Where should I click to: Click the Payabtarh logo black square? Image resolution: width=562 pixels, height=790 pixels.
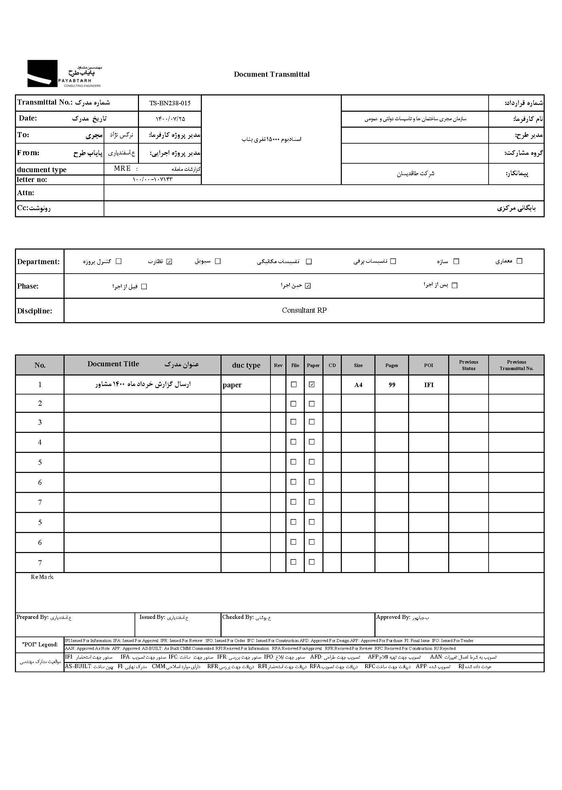42,73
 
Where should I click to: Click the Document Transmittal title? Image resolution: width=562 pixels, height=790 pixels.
272,74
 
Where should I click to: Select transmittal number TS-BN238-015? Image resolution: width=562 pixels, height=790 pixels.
170,103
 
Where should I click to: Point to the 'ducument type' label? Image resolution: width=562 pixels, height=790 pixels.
41,169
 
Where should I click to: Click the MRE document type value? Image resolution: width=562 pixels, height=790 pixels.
122,168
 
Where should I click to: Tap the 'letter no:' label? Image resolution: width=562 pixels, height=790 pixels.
32,180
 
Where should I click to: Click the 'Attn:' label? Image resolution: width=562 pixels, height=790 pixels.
25,193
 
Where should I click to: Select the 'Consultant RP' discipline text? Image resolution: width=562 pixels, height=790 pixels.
304,310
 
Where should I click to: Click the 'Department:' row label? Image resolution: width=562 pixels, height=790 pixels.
38,262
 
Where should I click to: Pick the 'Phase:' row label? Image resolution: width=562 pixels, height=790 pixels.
28,286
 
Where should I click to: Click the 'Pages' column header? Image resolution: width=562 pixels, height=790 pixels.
391,365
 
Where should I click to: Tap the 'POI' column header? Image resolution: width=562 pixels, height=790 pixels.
428,365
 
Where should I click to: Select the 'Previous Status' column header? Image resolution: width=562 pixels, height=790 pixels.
469,365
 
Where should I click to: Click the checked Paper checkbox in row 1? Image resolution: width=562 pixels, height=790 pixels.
312,384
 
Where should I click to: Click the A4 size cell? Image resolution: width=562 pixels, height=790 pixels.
358,385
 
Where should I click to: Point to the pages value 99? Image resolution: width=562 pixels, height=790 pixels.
392,385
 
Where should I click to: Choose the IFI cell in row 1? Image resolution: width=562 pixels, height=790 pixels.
429,385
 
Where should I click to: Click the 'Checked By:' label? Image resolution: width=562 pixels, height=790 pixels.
238,617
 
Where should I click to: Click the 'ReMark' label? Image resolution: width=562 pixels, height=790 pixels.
42,577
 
